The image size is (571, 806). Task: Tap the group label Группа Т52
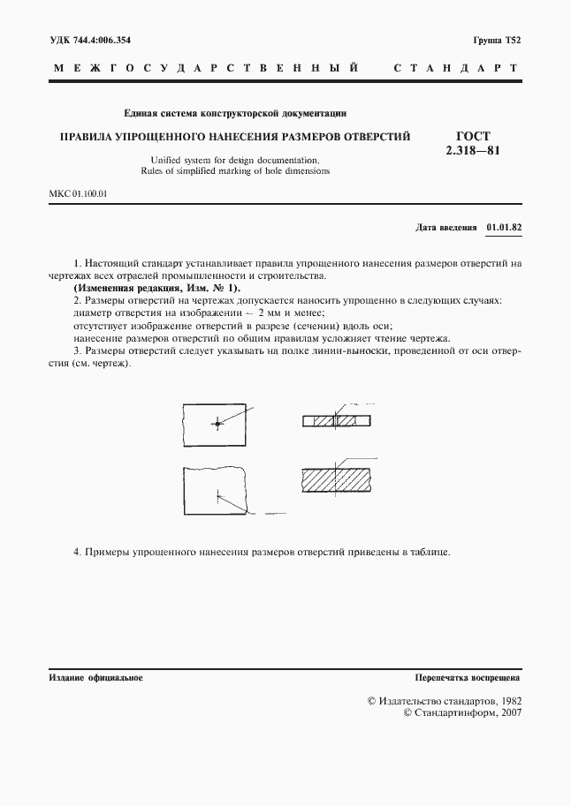pyautogui.click(x=498, y=41)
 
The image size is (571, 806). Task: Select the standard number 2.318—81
pyautogui.click(x=473, y=151)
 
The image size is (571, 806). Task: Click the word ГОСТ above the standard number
pyautogui.click(x=473, y=136)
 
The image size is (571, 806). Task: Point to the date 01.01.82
pyautogui.click(x=504, y=227)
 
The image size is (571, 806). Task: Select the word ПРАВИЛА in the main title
pyautogui.click(x=86, y=137)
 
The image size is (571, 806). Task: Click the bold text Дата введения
pyautogui.click(x=446, y=227)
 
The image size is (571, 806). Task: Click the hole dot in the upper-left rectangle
pyautogui.click(x=216, y=425)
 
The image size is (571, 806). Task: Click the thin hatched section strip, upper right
pyautogui.click(x=337, y=421)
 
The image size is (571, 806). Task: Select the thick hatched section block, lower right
pyautogui.click(x=337, y=479)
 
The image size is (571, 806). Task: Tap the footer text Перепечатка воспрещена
pyautogui.click(x=468, y=678)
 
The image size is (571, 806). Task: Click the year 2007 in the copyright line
pyautogui.click(x=509, y=713)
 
